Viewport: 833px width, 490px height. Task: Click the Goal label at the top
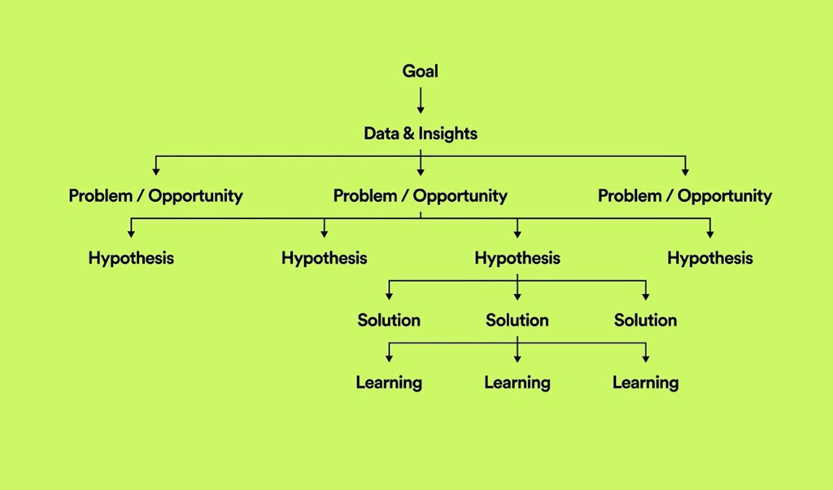pos(421,71)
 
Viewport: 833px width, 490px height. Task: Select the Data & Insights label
pos(421,133)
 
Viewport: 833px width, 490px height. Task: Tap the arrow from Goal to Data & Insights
pos(421,100)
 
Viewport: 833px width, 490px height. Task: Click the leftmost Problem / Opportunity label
pos(155,196)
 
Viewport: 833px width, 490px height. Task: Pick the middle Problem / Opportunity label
pos(421,196)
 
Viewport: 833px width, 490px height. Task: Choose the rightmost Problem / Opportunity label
pos(685,196)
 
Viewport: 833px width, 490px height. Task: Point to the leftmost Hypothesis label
pos(131,258)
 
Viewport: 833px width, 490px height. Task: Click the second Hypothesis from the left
pos(324,258)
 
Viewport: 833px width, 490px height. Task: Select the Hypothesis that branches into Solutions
pos(517,258)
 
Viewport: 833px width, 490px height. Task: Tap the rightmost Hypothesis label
pos(710,258)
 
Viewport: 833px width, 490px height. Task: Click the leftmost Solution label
pos(389,320)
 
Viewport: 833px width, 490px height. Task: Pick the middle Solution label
pos(517,320)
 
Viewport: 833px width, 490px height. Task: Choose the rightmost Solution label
pos(645,320)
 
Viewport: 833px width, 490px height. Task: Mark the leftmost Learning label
pos(389,383)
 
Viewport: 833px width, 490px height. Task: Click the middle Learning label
pos(517,383)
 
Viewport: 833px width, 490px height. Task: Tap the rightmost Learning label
pos(645,383)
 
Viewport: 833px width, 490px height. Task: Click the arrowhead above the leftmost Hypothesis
pos(131,234)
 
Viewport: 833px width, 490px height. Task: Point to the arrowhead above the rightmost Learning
pos(645,358)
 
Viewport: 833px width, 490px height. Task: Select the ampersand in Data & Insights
pos(408,133)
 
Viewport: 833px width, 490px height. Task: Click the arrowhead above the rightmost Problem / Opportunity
pos(685,171)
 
